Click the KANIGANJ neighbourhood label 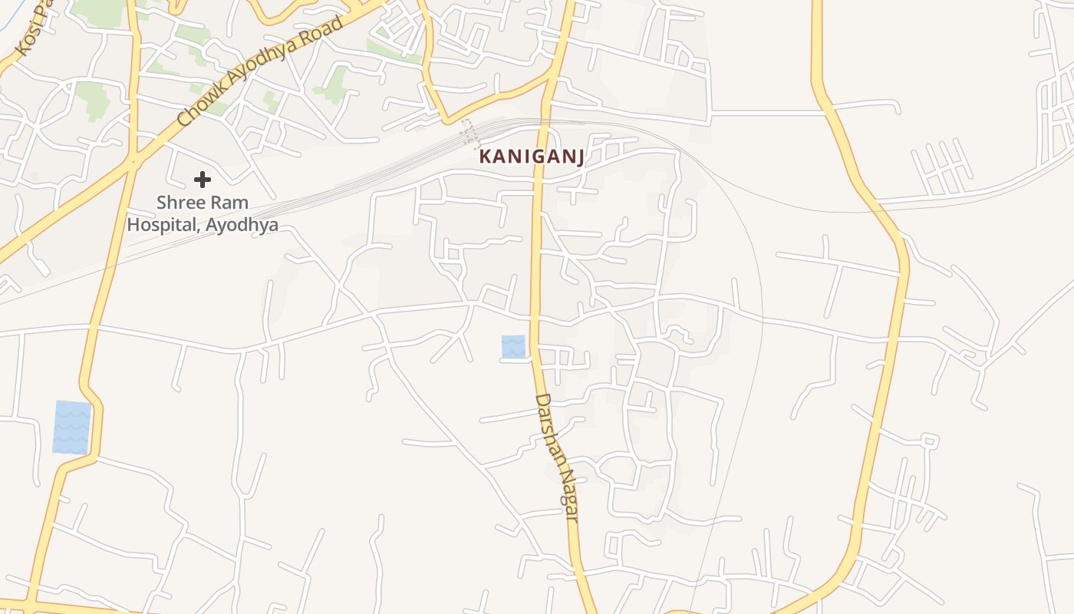pos(532,157)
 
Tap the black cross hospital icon pos(203,180)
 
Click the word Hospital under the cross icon pos(156,226)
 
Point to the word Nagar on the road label pos(568,497)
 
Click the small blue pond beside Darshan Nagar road pos(513,346)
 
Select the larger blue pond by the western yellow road pos(72,427)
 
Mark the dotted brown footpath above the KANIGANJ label pos(467,133)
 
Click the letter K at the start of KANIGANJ pos(485,157)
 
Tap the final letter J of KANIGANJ pos(580,157)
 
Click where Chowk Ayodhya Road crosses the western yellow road pos(134,160)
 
